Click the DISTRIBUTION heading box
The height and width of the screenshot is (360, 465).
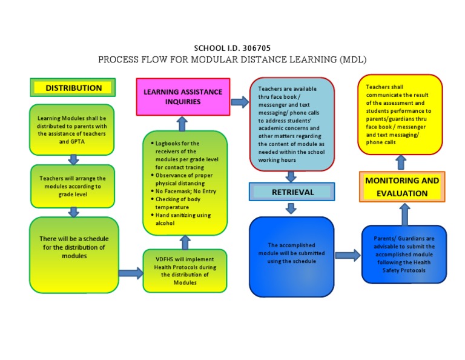[x=73, y=87]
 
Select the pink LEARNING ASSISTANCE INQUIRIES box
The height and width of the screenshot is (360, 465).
[x=183, y=97]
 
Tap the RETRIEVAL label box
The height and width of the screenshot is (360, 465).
[x=292, y=192]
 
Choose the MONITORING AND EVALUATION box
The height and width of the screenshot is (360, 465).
[x=402, y=187]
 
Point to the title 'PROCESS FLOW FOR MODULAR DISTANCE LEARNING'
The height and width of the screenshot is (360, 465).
[x=232, y=59]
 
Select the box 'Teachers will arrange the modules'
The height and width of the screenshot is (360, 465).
[x=73, y=182]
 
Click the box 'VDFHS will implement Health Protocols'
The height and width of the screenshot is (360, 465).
[x=185, y=271]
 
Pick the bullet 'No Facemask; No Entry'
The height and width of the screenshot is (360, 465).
[x=181, y=192]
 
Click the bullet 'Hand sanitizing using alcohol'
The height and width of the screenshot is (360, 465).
[x=181, y=219]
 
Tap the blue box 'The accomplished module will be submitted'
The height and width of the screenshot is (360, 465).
[x=292, y=257]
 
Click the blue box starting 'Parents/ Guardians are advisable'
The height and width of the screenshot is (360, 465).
[x=404, y=255]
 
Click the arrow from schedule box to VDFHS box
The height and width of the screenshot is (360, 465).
[x=130, y=273]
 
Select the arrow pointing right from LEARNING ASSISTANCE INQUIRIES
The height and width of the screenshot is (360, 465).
[x=240, y=102]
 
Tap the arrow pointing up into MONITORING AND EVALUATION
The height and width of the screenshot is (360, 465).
[x=404, y=215]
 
